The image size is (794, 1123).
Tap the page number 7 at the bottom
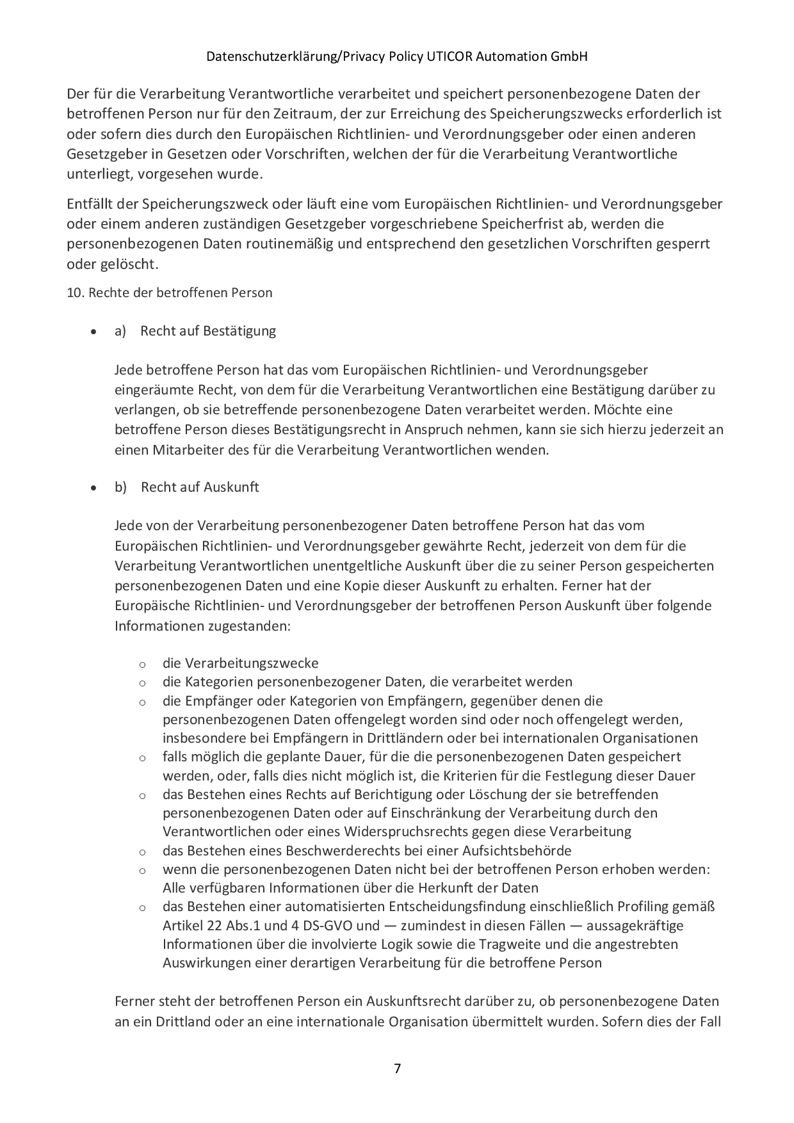[397, 1068]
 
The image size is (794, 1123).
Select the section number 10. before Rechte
[76, 293]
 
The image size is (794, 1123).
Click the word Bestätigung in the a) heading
[239, 331]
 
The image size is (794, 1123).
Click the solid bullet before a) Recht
[94, 332]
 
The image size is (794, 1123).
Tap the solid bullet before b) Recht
[94, 489]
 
